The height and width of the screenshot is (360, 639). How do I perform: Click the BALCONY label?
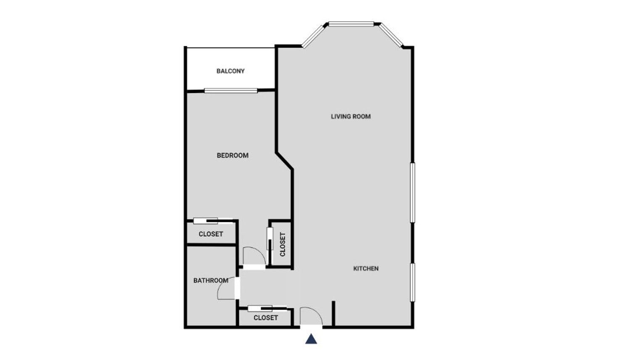pyautogui.click(x=230, y=71)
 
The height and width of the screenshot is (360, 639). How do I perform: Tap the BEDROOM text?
pyautogui.click(x=232, y=156)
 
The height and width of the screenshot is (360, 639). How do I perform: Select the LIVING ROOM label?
pyautogui.click(x=351, y=116)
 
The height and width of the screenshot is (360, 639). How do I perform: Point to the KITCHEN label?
pyautogui.click(x=366, y=269)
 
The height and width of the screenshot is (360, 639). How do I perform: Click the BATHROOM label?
pyautogui.click(x=211, y=281)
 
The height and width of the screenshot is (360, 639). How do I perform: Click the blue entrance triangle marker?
pyautogui.click(x=311, y=339)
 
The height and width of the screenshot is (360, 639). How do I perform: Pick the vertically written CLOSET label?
pyautogui.click(x=283, y=244)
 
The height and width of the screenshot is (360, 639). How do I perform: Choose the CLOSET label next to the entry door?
pyautogui.click(x=266, y=318)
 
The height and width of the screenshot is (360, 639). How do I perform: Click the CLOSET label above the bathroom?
pyautogui.click(x=211, y=234)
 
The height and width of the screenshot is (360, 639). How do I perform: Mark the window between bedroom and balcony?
pyautogui.click(x=231, y=91)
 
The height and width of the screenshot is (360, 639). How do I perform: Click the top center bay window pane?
pyautogui.click(x=351, y=24)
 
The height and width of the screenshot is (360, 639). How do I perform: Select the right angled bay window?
pyautogui.click(x=391, y=35)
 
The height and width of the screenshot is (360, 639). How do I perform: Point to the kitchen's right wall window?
pyautogui.click(x=412, y=282)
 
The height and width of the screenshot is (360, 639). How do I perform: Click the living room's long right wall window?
pyautogui.click(x=412, y=193)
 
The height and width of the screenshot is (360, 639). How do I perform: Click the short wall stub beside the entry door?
pyautogui.click(x=333, y=313)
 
